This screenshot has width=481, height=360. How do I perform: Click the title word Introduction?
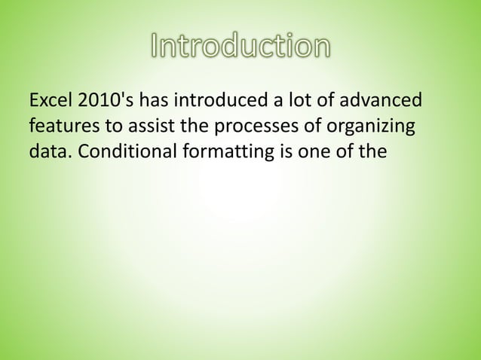tap(240, 47)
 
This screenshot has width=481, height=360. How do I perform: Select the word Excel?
tap(47, 101)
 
